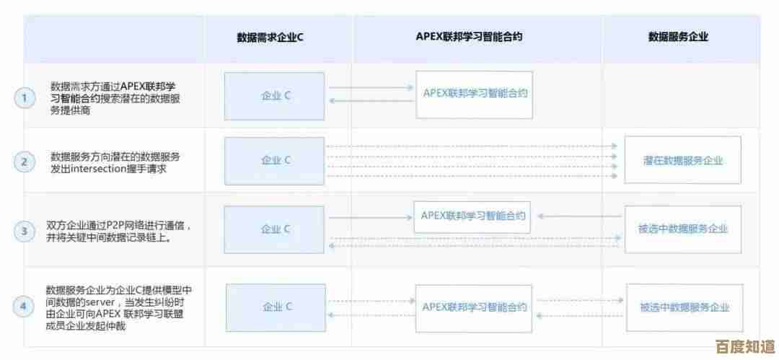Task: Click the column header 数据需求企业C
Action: click(x=270, y=37)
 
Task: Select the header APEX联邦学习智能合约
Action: click(x=469, y=37)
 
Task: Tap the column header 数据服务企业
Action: click(x=677, y=37)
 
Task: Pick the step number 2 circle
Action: click(x=25, y=162)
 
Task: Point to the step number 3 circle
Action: click(x=25, y=231)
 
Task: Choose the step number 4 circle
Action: click(x=25, y=307)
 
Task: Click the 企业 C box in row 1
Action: click(x=276, y=96)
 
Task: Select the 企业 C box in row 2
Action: click(x=276, y=160)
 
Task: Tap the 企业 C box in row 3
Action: click(x=276, y=229)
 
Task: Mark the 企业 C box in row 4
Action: click(x=277, y=307)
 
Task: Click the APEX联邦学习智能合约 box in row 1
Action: click(x=474, y=94)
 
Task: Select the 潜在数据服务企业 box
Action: click(x=682, y=160)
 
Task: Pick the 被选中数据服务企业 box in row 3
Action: click(x=682, y=229)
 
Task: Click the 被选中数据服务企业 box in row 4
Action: click(x=684, y=307)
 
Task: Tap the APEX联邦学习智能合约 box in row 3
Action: click(x=471, y=216)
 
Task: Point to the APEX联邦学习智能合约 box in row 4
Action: click(x=474, y=307)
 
